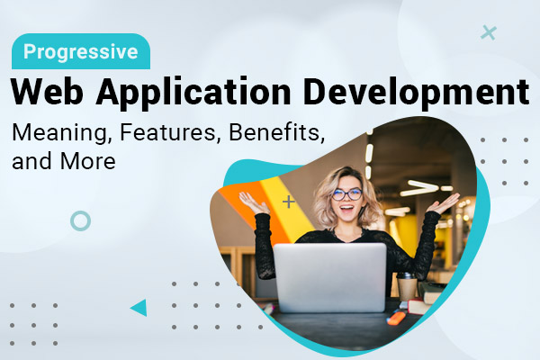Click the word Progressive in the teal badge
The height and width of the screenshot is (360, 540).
click(81, 52)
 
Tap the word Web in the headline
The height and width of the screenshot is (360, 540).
click(47, 92)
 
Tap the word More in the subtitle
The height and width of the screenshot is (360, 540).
click(88, 161)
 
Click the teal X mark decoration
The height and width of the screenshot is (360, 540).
click(489, 32)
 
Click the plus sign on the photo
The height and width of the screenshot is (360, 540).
click(289, 202)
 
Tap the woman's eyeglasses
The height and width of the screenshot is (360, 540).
click(346, 194)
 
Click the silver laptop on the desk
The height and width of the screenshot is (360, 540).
click(330, 278)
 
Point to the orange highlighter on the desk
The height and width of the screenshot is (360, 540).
click(397, 317)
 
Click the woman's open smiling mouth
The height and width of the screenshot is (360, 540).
click(346, 209)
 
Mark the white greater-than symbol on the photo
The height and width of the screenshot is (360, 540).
click(419, 188)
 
